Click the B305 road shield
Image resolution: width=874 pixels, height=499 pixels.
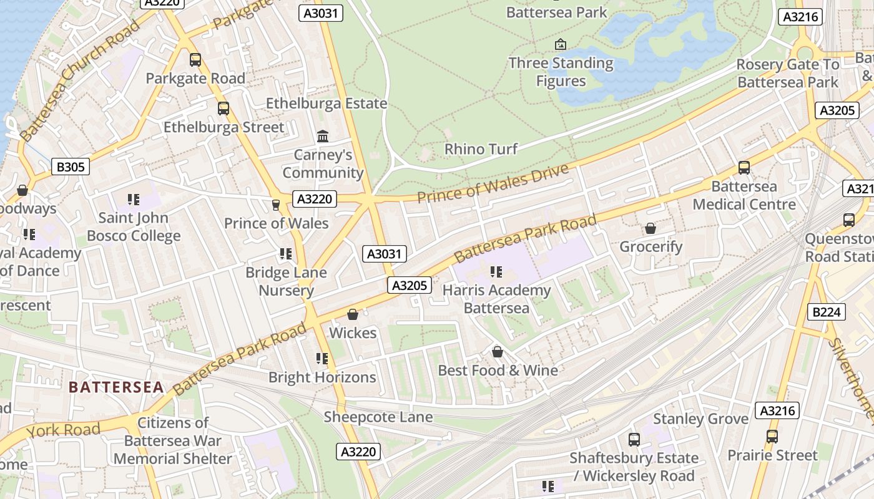click(x=70, y=167)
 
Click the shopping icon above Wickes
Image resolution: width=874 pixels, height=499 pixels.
click(x=353, y=314)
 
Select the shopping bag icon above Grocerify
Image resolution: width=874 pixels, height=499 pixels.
click(x=651, y=228)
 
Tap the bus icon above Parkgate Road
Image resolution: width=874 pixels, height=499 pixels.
click(x=195, y=60)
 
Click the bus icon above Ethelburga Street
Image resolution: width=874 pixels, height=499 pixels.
click(x=223, y=109)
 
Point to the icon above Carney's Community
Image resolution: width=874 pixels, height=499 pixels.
click(x=323, y=136)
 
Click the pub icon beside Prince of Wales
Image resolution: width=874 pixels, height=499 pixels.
click(x=275, y=205)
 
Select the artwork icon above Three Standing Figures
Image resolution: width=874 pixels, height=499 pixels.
click(x=561, y=44)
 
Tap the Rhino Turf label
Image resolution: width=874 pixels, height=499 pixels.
click(x=481, y=149)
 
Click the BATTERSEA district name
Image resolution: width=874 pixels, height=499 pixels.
click(x=116, y=387)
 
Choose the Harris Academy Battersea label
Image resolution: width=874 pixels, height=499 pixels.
click(x=496, y=299)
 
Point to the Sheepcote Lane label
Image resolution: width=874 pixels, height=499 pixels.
click(x=378, y=417)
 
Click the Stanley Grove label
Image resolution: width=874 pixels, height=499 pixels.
click(x=700, y=419)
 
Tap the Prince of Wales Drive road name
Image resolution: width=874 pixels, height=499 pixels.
click(x=493, y=183)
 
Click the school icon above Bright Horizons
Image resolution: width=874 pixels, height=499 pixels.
click(x=322, y=358)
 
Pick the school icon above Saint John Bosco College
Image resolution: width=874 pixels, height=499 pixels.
click(x=134, y=200)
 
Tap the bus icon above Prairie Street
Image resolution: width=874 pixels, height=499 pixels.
click(x=772, y=437)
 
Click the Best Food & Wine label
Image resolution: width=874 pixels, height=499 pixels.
click(x=498, y=371)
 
